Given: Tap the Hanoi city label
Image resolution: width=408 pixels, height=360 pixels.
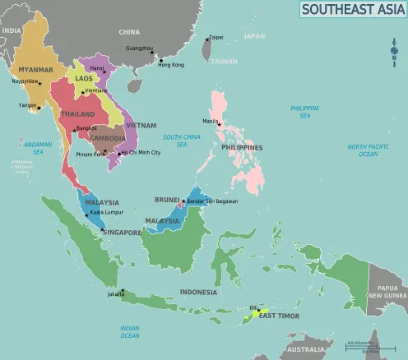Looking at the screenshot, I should (97, 68).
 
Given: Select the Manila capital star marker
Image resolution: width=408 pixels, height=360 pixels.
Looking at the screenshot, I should (219, 125).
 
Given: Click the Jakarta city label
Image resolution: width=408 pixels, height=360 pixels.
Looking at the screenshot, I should (115, 294).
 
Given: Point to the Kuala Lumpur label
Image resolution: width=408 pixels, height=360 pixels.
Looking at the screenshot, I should (106, 212).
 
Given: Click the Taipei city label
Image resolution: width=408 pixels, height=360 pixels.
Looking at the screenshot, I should (216, 37).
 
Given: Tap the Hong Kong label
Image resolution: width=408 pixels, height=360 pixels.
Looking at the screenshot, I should (170, 64).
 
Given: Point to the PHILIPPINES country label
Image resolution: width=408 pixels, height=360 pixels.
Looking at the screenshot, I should (241, 148).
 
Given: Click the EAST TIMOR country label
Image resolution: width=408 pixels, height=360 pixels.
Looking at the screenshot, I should (279, 316).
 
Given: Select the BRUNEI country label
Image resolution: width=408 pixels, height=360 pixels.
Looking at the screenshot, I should (168, 200).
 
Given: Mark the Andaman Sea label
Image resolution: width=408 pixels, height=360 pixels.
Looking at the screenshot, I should (38, 148).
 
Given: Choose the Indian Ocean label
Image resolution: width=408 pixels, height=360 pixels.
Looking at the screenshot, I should (129, 331).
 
